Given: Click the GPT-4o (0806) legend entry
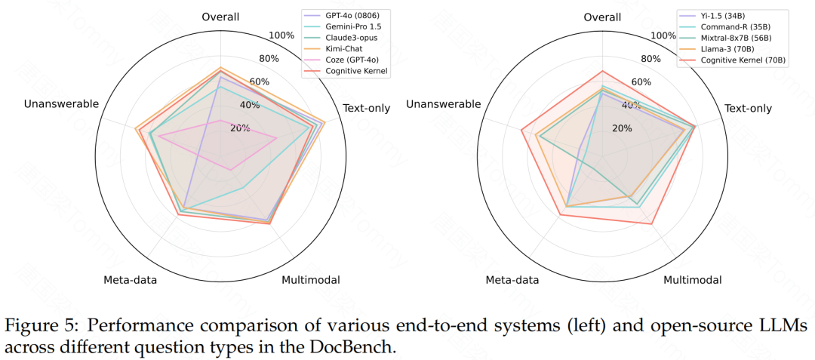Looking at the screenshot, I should [352, 14].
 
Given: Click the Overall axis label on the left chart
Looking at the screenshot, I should [220, 17].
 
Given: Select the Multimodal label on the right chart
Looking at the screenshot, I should [692, 280].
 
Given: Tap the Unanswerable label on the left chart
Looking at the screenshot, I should [61, 104].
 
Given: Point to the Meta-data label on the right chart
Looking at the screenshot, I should [512, 280].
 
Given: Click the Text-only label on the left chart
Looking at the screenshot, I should [366, 108].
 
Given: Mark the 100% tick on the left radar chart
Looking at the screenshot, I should [282, 35].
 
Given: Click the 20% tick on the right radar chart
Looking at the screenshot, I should [622, 128].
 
